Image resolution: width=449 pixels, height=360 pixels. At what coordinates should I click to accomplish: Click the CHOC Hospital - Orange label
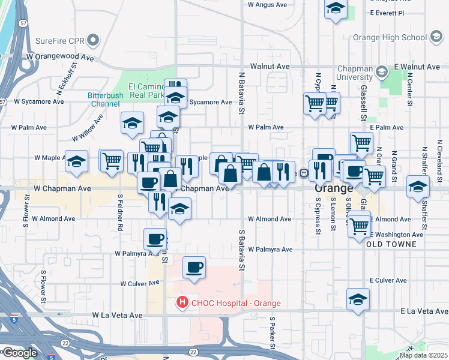(235, 303)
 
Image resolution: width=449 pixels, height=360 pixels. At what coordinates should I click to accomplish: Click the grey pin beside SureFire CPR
(93, 41)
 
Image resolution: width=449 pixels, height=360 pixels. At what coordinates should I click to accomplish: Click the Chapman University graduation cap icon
(381, 73)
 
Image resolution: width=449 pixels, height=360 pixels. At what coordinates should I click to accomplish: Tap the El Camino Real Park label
(143, 91)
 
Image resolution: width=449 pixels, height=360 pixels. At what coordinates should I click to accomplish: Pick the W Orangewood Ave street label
(60, 58)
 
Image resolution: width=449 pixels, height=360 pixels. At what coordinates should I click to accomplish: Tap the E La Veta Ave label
(424, 311)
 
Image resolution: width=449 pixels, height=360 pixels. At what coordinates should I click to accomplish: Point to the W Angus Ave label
(269, 4)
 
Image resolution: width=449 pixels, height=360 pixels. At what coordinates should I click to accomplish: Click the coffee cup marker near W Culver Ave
(193, 268)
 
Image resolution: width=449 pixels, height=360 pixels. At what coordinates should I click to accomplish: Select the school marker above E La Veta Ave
(358, 299)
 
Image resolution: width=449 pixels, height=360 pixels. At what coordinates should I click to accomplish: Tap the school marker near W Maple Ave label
(76, 161)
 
